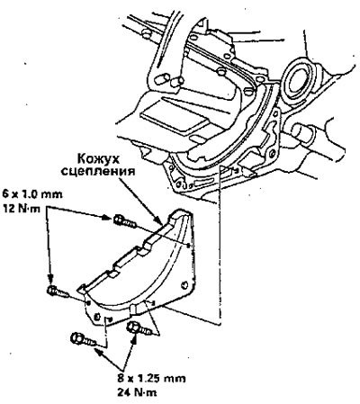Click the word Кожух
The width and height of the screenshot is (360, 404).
click(98, 158)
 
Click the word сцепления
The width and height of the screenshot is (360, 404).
click(97, 172)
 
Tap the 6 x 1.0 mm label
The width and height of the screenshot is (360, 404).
click(32, 194)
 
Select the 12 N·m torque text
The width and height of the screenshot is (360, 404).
click(22, 209)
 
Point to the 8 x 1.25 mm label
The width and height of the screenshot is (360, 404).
click(151, 379)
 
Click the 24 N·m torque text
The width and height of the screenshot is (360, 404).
click(137, 392)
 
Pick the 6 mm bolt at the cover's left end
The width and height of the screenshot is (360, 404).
click(58, 291)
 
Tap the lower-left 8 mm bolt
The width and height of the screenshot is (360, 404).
click(83, 340)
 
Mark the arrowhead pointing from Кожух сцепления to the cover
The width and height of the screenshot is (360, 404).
click(159, 220)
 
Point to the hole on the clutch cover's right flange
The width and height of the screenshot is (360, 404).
click(185, 284)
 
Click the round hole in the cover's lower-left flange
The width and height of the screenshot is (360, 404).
click(96, 316)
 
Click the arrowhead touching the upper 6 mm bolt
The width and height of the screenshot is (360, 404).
click(107, 217)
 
